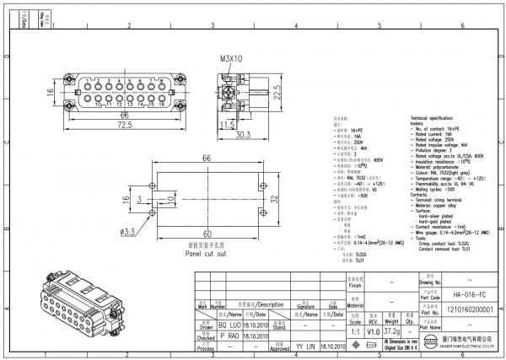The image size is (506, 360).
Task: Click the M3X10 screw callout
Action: coord(232,60)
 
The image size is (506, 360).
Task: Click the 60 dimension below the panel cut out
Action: coord(207,234)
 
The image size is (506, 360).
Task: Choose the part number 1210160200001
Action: coord(465,309)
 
